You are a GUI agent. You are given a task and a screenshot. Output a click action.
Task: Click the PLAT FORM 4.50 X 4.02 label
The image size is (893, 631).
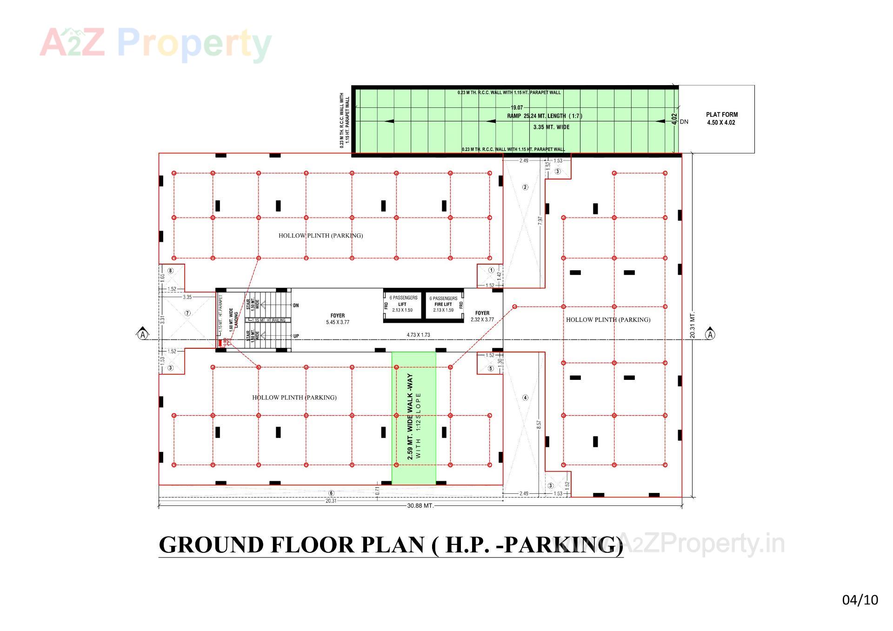(x=721, y=119)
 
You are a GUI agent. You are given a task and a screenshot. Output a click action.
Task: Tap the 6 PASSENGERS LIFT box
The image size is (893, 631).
(x=403, y=305)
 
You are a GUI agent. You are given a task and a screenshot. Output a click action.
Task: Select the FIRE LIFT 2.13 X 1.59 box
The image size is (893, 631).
(x=443, y=305)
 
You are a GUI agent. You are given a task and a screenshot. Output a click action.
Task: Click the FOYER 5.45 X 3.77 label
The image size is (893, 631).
(x=338, y=319)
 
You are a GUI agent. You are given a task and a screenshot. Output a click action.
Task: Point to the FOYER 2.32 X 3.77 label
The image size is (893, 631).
(x=482, y=316)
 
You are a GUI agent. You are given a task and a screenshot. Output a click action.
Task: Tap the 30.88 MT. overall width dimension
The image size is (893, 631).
(x=420, y=505)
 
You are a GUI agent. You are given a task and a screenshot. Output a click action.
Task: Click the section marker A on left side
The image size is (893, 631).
(x=143, y=334)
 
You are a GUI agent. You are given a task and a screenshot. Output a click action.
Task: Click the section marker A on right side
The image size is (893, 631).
(x=710, y=334)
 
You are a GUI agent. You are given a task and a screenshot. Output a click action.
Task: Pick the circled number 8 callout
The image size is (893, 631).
(x=171, y=271)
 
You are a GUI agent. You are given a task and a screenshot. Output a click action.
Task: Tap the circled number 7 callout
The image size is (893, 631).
(x=187, y=313)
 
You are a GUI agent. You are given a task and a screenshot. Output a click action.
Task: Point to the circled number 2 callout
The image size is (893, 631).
(x=525, y=187)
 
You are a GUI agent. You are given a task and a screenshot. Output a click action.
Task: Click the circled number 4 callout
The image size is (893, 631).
(x=525, y=398)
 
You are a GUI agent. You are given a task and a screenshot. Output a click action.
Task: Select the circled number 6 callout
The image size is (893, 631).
(x=331, y=493)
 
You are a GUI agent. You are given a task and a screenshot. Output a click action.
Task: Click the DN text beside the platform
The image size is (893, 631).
(x=684, y=122)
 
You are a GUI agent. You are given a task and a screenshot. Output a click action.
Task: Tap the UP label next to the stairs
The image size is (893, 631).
(x=296, y=336)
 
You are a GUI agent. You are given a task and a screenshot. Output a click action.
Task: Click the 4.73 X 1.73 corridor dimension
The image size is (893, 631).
(x=418, y=335)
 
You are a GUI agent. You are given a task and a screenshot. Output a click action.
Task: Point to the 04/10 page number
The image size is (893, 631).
(x=860, y=600)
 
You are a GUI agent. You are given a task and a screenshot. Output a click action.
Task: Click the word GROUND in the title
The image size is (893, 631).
(x=212, y=545)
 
